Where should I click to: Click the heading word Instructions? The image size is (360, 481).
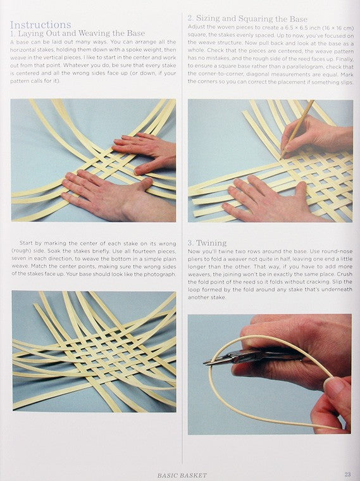pyautogui.click(x=40, y=25)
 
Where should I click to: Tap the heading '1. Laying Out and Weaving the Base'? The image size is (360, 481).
pyautogui.click(x=78, y=33)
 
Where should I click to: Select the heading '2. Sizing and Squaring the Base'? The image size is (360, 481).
pyautogui.click(x=247, y=19)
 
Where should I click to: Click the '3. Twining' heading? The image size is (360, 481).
pyautogui.click(x=207, y=243)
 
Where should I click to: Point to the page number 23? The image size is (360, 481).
pyautogui.click(x=347, y=474)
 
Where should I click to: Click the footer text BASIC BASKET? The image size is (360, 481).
pyautogui.click(x=182, y=475)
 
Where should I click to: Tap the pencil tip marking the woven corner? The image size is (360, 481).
pyautogui.click(x=281, y=158)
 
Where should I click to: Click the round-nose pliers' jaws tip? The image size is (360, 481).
pyautogui.click(x=205, y=363)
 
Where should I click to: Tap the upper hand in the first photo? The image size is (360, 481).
pyautogui.click(x=145, y=151)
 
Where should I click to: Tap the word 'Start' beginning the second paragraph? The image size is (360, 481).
pyautogui.click(x=26, y=243)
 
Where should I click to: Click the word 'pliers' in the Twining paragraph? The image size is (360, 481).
pyautogui.click(x=194, y=259)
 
